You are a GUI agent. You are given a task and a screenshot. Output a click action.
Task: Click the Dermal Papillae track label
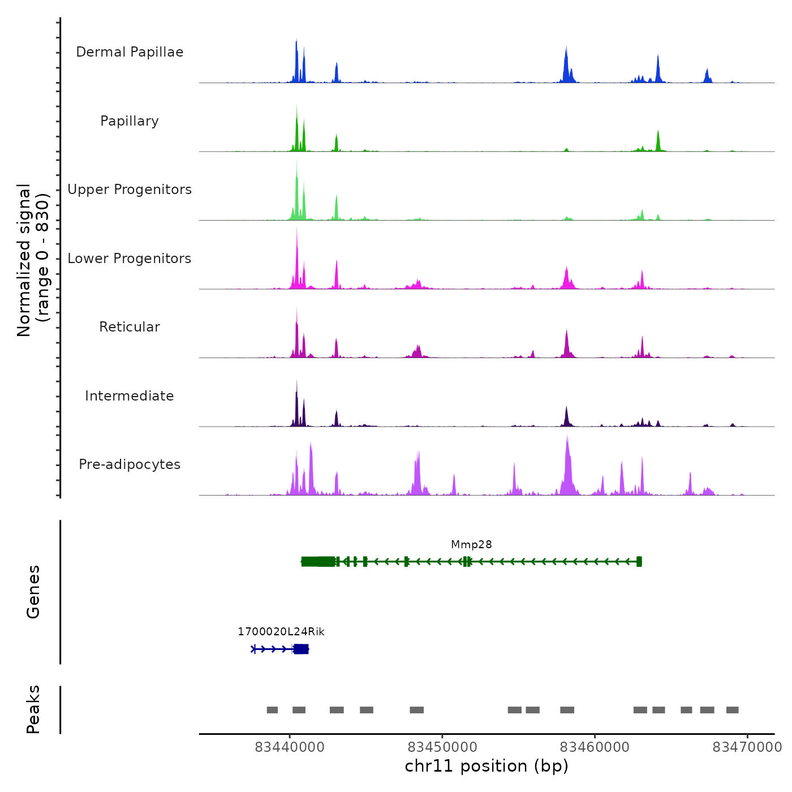[x=130, y=52]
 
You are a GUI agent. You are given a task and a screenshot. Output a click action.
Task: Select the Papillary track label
[x=130, y=121]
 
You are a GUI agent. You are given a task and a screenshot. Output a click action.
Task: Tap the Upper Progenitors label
[x=130, y=190]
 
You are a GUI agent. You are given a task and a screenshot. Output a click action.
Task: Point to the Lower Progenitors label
[x=130, y=259]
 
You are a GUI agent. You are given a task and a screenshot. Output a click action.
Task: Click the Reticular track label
[x=130, y=327]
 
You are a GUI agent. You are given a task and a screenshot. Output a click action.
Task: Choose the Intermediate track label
[x=130, y=396]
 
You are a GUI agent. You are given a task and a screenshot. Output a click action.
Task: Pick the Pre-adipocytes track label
[x=130, y=464]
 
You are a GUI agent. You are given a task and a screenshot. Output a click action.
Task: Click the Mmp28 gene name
[x=471, y=545]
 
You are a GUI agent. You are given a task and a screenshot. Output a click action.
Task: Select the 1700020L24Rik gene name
[x=281, y=632]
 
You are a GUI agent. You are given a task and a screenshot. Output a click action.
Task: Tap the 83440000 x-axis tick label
[x=290, y=747]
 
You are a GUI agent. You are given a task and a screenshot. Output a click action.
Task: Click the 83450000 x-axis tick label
[x=442, y=747]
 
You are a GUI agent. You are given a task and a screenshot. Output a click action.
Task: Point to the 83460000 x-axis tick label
[x=595, y=747]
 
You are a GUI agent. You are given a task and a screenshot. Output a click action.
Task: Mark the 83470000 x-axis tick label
[x=747, y=747]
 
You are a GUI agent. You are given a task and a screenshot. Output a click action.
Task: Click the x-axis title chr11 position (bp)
[x=487, y=766]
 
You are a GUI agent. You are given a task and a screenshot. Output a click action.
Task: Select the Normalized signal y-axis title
[x=33, y=260]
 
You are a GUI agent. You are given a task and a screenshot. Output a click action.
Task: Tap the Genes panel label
[x=33, y=592]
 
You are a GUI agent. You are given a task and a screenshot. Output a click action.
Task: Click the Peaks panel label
[x=33, y=709]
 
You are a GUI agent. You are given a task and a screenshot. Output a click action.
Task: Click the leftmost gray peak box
[x=272, y=710]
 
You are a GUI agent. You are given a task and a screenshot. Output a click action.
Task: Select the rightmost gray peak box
[x=732, y=710]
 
